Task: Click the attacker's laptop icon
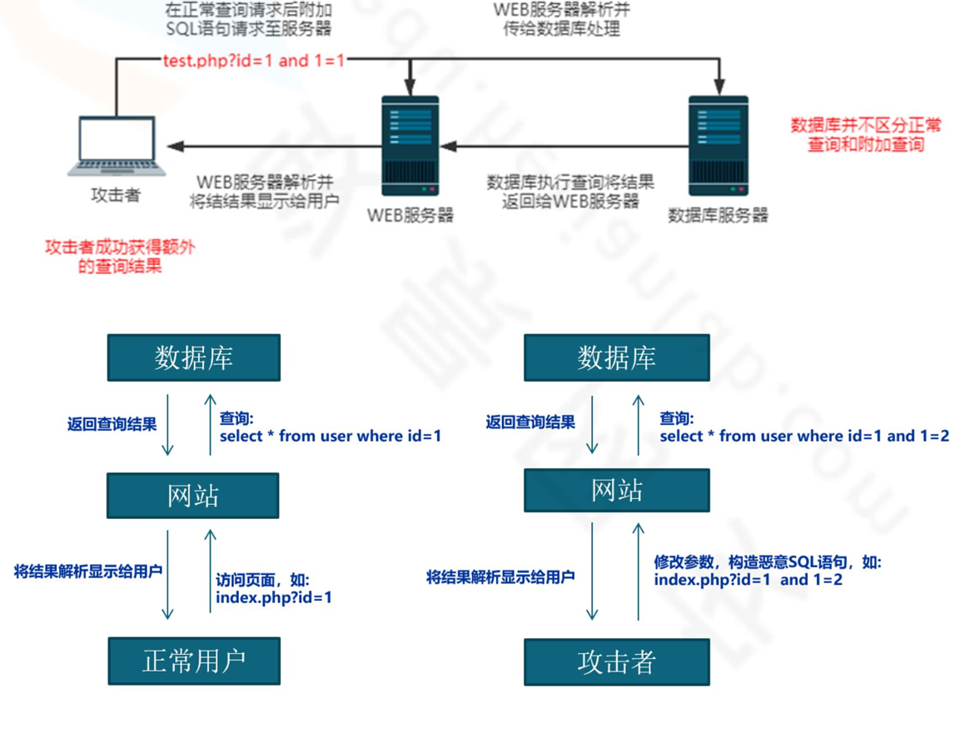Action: coord(117,145)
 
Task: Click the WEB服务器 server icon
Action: coord(410,146)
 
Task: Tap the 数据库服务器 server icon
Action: coord(718,146)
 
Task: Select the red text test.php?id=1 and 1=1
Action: coord(255,60)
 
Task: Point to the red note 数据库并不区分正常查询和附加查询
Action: coord(866,135)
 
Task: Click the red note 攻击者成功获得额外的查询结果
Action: coord(120,257)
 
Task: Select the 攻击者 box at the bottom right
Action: coord(616,662)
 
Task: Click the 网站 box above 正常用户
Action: coord(193,496)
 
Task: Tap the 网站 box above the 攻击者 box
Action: coord(616,490)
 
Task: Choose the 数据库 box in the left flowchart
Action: coord(194,357)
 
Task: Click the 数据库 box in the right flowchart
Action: coord(616,357)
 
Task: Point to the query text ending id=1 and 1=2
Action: coord(804,436)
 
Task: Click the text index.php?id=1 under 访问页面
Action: coord(274,597)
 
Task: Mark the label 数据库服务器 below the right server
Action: coord(718,215)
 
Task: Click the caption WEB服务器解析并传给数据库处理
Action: coord(561,19)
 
